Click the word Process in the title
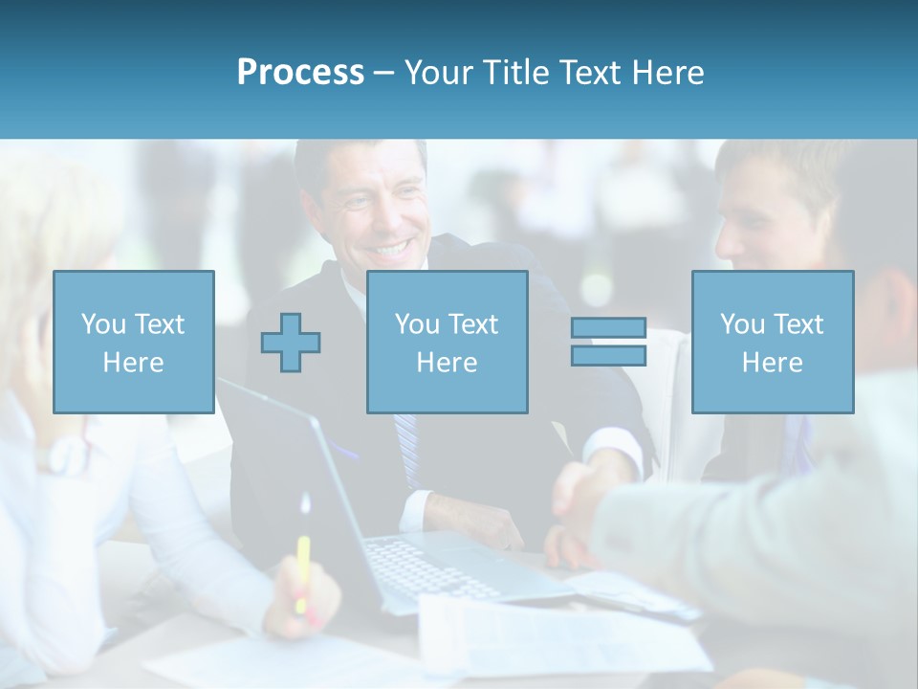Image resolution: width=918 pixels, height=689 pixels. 300,73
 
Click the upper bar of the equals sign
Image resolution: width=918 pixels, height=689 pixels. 608,328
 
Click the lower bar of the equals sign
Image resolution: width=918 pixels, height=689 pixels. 608,356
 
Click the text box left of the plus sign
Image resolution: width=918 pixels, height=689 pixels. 133,342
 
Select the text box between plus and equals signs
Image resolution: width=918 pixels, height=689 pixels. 447,342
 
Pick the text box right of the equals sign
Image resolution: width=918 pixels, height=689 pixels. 772,342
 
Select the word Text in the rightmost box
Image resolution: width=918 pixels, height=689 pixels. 800,324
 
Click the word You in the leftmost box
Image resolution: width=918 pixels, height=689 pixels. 103,324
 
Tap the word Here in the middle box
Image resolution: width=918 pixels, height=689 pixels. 447,363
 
